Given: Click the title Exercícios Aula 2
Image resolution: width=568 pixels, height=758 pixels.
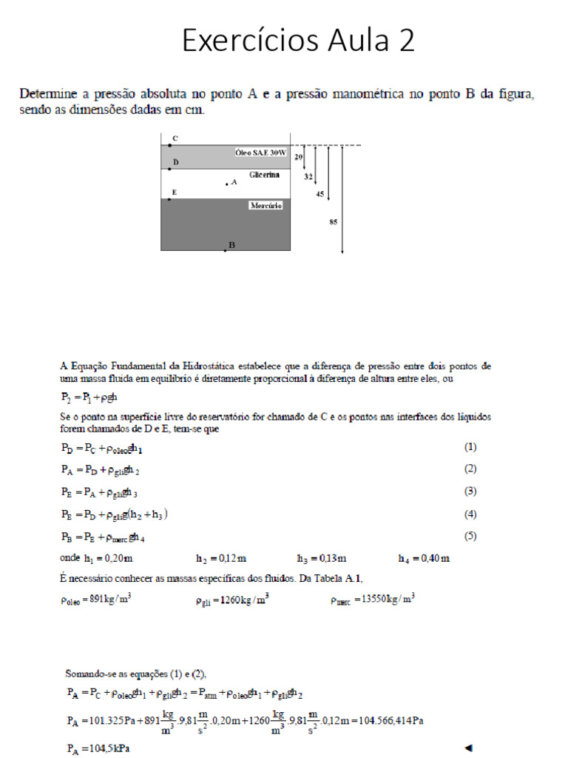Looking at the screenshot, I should coord(298,40).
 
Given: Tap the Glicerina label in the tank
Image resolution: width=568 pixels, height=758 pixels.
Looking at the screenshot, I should coord(264,175).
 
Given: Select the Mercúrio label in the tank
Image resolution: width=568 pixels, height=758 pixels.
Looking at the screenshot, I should coord(266,205).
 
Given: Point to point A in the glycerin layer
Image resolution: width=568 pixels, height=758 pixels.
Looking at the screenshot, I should coord(227,184).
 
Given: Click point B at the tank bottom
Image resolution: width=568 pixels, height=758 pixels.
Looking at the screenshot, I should coord(226,250).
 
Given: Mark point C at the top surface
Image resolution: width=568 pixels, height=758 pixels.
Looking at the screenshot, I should coord(170,145).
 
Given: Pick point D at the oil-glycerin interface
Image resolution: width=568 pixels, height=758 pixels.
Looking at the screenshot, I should coord(170,169).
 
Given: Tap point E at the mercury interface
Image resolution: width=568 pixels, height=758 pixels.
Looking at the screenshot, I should coord(170,199).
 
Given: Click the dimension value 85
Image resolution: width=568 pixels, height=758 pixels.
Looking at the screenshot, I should coord(334,221).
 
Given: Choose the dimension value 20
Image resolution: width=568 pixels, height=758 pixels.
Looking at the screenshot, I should coord(298,157).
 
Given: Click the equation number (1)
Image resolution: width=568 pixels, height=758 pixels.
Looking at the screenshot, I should coord(470,447).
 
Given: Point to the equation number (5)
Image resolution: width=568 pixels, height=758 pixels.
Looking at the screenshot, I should coord(470,536).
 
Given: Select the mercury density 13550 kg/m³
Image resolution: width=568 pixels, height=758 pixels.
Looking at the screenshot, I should coord(372,600).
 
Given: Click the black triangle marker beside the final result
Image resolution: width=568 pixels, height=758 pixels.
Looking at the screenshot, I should coord(467,748).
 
